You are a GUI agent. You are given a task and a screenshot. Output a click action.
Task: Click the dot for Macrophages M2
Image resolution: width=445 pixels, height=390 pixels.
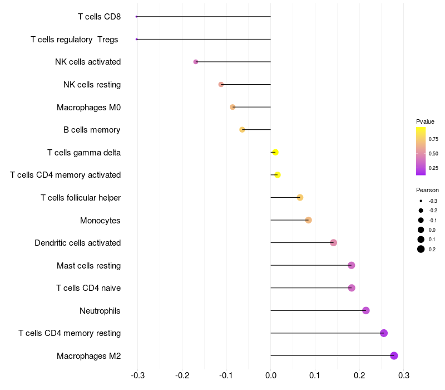394,355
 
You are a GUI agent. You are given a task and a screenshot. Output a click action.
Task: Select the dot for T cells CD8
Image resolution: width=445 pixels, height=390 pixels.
136,17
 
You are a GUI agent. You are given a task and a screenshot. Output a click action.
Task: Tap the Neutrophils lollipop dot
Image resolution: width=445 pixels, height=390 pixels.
365,310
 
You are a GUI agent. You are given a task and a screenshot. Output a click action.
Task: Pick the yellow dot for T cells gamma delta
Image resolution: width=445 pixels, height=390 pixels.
275,152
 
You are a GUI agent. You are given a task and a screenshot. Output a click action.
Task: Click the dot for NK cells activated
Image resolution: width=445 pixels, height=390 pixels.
195,62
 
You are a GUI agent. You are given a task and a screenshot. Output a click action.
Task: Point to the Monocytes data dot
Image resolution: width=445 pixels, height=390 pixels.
308,220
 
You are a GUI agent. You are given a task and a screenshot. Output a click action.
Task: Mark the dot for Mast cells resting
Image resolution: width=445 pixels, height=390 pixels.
351,265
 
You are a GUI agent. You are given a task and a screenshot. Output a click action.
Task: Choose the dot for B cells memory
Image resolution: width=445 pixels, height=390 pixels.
242,129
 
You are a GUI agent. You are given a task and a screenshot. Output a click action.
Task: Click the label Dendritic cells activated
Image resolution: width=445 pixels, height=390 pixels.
77,243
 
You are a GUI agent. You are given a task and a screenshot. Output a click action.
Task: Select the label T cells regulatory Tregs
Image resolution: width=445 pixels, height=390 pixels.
75,39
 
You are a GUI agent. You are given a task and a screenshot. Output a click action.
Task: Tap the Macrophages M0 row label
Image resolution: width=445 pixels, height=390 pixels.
88,107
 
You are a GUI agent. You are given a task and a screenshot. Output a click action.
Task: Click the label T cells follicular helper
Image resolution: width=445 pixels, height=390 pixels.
81,198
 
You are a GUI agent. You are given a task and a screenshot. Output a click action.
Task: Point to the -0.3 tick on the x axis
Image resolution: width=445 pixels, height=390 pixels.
138,376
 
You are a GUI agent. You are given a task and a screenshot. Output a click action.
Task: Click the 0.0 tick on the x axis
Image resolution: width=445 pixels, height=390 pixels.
270,376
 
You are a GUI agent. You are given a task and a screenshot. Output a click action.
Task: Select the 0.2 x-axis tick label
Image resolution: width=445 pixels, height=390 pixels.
359,376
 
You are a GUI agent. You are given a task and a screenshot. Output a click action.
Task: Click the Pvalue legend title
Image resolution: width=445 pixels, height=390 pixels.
425,121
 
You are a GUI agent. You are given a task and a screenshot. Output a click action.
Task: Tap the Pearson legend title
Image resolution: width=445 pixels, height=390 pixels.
427,190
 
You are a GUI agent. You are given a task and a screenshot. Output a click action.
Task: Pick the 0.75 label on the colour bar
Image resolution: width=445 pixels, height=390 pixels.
433,139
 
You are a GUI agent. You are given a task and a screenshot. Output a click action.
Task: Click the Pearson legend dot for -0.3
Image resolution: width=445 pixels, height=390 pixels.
421,201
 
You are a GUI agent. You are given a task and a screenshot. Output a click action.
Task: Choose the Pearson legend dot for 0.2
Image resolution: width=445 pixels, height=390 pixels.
421,249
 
